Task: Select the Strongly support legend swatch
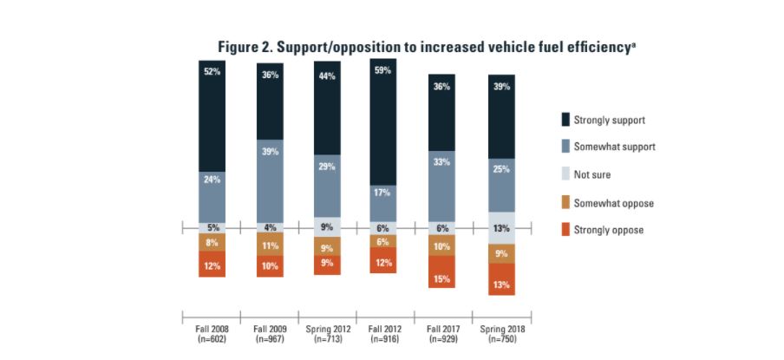click(x=566, y=118)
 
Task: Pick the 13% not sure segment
click(x=501, y=228)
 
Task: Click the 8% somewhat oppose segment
click(x=211, y=244)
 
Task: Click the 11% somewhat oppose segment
click(x=269, y=245)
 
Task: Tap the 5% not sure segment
click(x=211, y=228)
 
